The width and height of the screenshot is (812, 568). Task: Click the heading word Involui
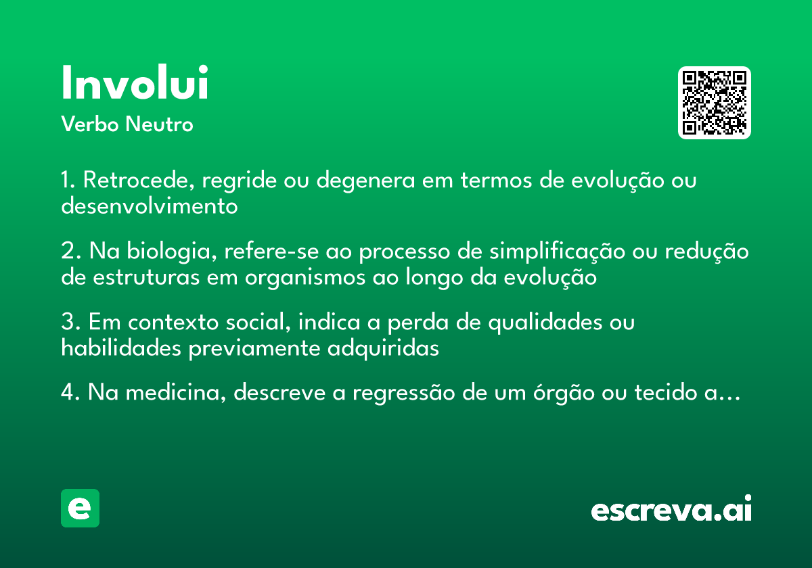pos(135,82)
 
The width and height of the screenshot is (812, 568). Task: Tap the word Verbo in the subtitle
pos(90,124)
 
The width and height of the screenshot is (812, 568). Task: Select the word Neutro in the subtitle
pos(159,124)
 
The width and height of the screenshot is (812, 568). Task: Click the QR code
pos(714,103)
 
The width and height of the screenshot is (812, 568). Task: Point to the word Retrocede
pos(139,180)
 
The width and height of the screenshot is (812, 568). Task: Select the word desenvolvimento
pos(150,206)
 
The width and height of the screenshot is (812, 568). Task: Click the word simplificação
pos(557,252)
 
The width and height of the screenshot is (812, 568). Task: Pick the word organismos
pos(305,278)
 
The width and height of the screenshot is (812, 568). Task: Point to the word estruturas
pos(146,277)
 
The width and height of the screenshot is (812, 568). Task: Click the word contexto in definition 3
pos(173,322)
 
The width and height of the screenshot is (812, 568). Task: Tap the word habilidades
pos(121,348)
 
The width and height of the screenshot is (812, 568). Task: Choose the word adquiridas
pos(383,349)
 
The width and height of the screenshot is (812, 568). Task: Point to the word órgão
pos(564,393)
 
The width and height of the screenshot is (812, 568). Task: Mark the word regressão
pos(404,394)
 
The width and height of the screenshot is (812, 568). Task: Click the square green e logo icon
pos(80,508)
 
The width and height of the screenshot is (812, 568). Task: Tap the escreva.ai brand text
pos(671,508)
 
